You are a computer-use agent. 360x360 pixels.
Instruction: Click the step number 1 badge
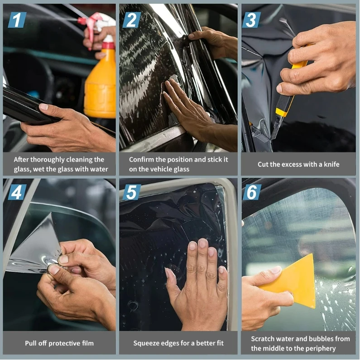pos(17,20)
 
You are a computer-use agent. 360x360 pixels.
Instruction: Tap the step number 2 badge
pos(132,20)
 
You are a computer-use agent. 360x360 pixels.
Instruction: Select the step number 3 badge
pos(251,20)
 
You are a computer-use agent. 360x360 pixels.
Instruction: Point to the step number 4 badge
pos(17,192)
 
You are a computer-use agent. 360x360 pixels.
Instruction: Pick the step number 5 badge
pos(132,192)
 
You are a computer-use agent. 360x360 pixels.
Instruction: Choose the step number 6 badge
pos(252,192)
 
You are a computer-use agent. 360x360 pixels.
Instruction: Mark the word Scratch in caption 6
pos(261,339)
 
